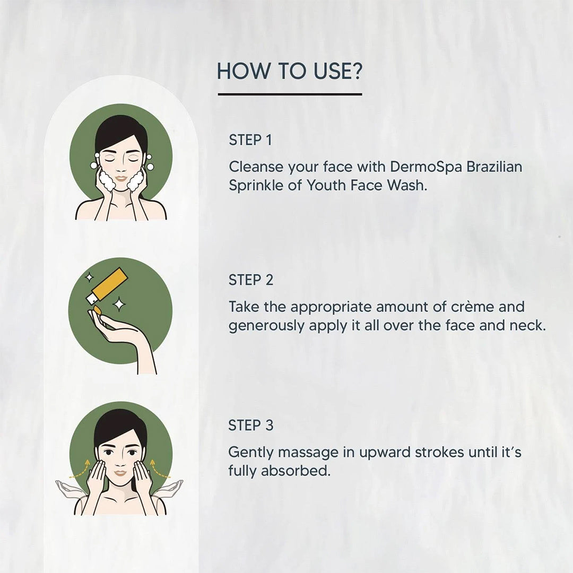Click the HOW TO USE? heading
coord(290,71)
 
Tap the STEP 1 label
coord(250,140)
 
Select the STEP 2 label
coord(250,280)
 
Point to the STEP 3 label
coord(250,426)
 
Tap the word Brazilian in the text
coord(494,167)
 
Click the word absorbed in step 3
coord(296,471)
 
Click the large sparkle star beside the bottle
coord(119,304)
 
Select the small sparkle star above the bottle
coord(89,277)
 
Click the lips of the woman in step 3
coord(120,473)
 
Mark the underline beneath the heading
coord(290,94)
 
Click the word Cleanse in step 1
coord(256,167)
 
